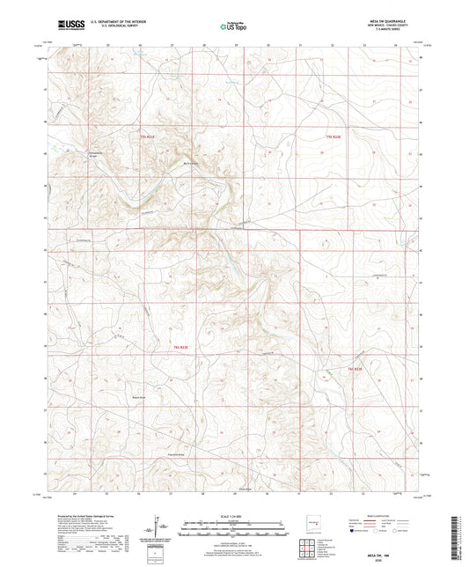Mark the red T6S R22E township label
[x=355, y=368]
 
